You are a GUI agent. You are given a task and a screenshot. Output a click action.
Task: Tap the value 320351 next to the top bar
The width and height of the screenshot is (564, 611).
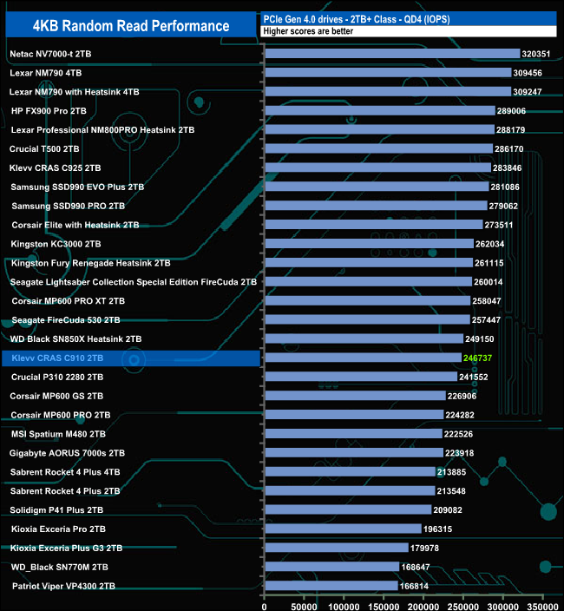537,54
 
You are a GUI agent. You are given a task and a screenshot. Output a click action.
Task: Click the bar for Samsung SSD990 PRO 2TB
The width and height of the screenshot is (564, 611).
376,206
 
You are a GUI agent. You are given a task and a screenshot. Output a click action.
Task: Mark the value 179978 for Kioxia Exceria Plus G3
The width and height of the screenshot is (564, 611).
425,548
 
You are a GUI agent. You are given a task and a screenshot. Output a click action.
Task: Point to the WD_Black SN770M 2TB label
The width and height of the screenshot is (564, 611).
60,567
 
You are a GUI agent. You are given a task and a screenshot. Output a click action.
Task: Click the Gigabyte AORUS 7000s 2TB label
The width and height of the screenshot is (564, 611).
68,453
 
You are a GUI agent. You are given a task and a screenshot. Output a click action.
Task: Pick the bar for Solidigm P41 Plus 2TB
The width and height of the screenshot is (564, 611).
348,509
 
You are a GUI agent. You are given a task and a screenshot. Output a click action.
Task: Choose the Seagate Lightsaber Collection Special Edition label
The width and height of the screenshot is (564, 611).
133,281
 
